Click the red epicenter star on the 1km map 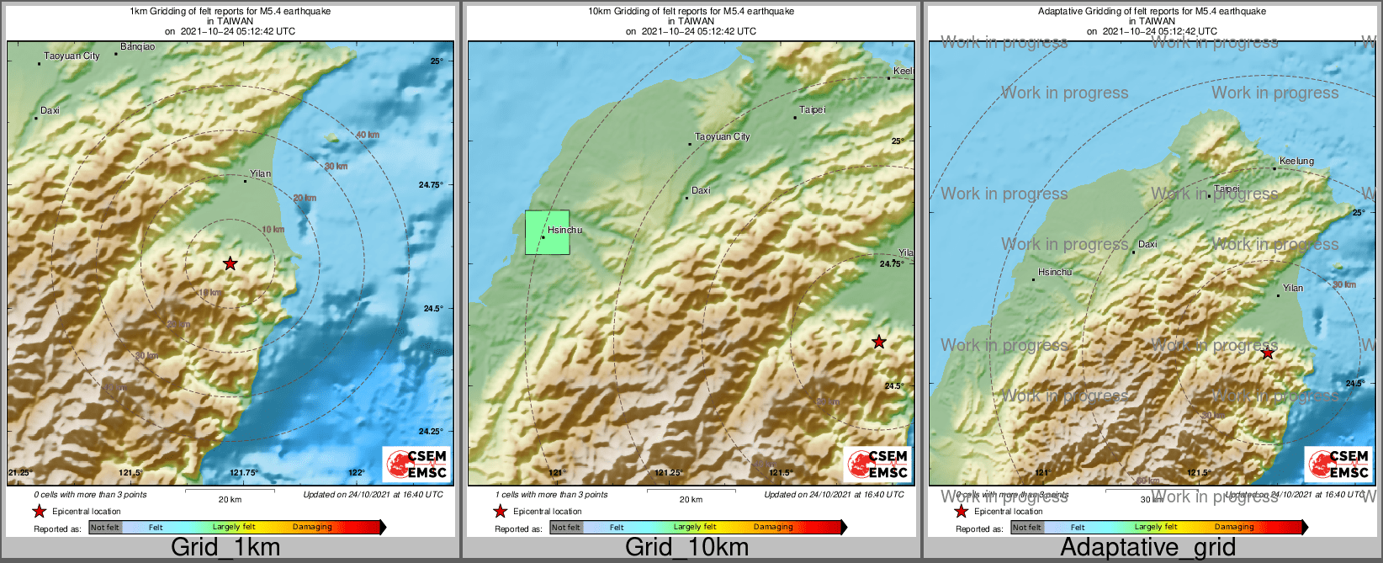tap(231, 263)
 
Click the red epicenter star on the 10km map tap(879, 342)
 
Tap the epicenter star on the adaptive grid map tap(1268, 353)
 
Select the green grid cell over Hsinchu tap(547, 232)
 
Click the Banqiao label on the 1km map tap(137, 47)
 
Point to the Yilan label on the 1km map tap(261, 173)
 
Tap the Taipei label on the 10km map tap(813, 110)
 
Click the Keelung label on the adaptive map tap(1296, 161)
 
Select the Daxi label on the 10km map tap(701, 190)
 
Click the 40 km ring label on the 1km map tap(368, 135)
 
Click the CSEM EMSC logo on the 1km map tap(416, 465)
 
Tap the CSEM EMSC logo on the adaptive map tap(1338, 465)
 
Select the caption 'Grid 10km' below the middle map tap(686, 547)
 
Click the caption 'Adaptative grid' tap(1147, 547)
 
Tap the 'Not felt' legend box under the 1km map tap(105, 528)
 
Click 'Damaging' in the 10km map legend tap(773, 528)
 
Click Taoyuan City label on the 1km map tap(72, 56)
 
